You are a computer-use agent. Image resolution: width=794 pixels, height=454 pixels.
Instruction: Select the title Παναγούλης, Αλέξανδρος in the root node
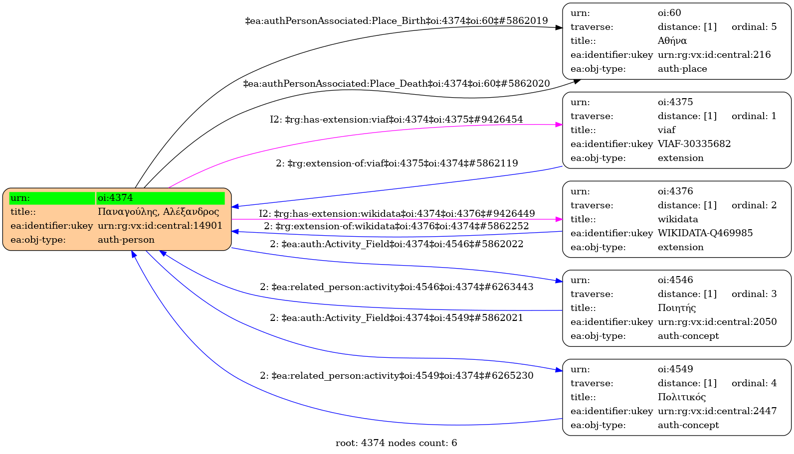pyautogui.click(x=158, y=212)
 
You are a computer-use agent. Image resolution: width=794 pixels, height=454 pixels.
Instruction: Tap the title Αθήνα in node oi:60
pyautogui.click(x=672, y=41)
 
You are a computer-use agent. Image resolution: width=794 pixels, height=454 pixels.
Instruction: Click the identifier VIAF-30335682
pyautogui.click(x=694, y=144)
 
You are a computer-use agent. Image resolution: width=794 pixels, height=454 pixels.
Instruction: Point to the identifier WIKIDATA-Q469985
pyautogui.click(x=705, y=233)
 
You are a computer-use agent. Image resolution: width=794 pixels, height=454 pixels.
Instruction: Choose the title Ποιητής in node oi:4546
pyautogui.click(x=676, y=308)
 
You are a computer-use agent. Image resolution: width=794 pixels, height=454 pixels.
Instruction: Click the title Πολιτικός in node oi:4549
pyautogui.click(x=681, y=397)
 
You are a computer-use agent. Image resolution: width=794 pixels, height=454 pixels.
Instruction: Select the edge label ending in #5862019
pyautogui.click(x=397, y=21)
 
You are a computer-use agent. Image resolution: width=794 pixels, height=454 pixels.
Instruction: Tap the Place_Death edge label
pyautogui.click(x=397, y=84)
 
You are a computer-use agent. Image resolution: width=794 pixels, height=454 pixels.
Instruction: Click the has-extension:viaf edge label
pyautogui.click(x=397, y=120)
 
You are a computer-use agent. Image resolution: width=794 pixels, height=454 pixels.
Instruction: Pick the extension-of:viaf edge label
pyautogui.click(x=397, y=163)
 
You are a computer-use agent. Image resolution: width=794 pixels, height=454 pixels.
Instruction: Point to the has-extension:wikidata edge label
pyautogui.click(x=397, y=214)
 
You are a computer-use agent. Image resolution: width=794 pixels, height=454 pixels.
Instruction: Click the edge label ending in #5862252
pyautogui.click(x=397, y=226)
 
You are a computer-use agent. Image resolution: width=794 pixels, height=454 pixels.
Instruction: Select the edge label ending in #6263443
pyautogui.click(x=397, y=287)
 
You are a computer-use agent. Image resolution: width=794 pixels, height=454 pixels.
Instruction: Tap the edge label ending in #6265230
pyautogui.click(x=397, y=376)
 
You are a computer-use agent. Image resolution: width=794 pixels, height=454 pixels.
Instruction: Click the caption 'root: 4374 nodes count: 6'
pyautogui.click(x=397, y=443)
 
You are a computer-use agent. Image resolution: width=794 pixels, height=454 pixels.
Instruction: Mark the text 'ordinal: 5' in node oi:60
pyautogui.click(x=754, y=27)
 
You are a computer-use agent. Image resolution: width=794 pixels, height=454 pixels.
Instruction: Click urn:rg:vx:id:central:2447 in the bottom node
pyautogui.click(x=717, y=411)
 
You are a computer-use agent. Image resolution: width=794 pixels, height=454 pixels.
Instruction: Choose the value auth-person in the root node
pyautogui.click(x=126, y=240)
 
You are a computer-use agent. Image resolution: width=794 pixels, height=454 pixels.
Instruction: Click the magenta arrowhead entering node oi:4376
pyautogui.click(x=559, y=219)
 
